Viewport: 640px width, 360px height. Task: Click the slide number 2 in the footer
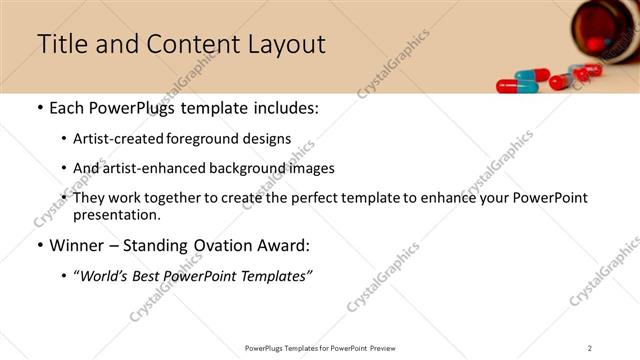click(x=590, y=348)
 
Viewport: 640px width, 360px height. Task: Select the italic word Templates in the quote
click(x=277, y=276)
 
